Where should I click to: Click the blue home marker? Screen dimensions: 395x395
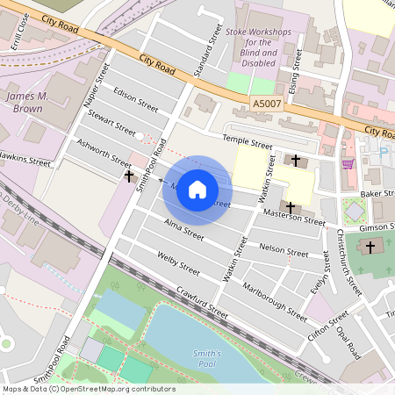[197, 190]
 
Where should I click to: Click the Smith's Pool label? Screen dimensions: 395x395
[207, 359]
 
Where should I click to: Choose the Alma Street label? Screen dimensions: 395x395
[183, 230]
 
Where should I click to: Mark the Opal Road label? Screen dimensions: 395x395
[348, 339]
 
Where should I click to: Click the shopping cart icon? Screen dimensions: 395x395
[348, 162]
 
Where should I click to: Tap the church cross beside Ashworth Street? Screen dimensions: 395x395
[130, 177]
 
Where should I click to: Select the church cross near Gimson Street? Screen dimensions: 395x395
[369, 248]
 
